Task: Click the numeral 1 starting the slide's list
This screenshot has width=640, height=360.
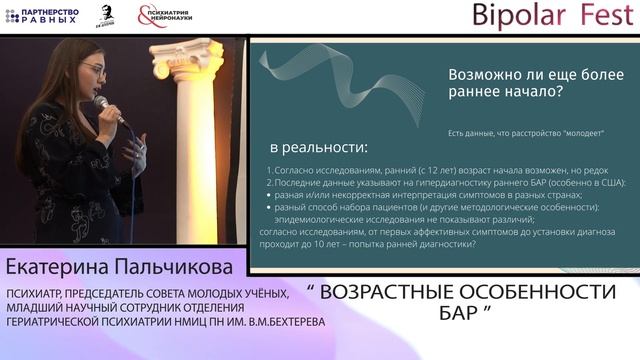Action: [x=270, y=170]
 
